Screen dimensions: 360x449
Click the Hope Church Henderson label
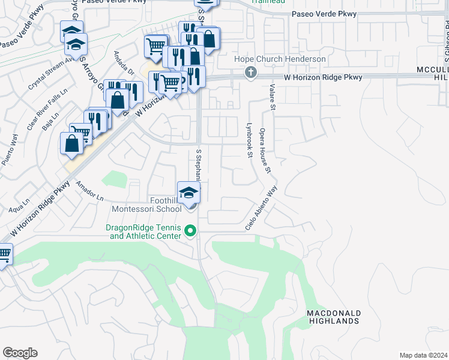click(x=280, y=59)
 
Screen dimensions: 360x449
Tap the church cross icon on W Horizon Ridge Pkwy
click(x=251, y=73)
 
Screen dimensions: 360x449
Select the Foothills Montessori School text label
click(x=146, y=205)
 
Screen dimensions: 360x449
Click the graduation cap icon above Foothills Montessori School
click(x=188, y=193)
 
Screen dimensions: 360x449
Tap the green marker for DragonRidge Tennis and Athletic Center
click(x=190, y=230)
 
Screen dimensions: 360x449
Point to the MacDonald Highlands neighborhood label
click(x=333, y=317)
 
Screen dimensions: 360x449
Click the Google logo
click(x=20, y=352)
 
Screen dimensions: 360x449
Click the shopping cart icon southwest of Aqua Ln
click(x=5, y=254)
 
